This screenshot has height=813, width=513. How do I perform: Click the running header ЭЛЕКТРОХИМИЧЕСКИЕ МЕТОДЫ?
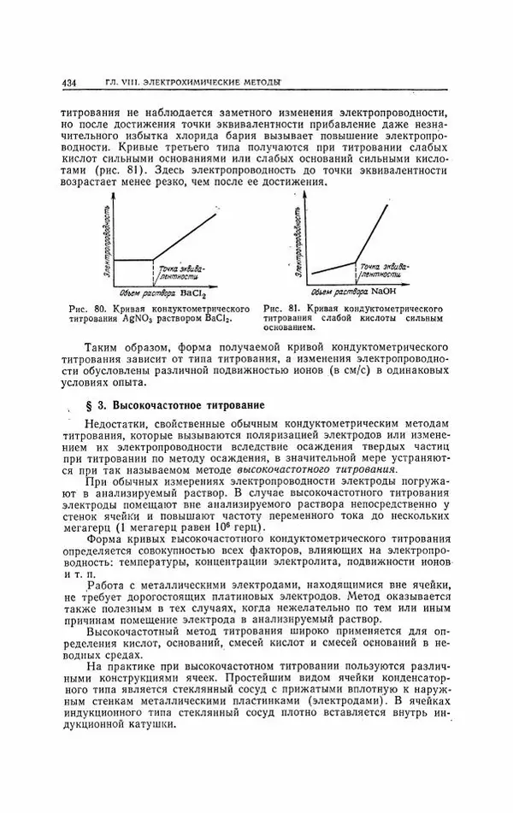[x=215, y=82]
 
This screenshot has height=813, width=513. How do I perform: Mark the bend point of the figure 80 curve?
[x=153, y=259]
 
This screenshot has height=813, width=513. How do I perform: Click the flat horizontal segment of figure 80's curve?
[x=134, y=260]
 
